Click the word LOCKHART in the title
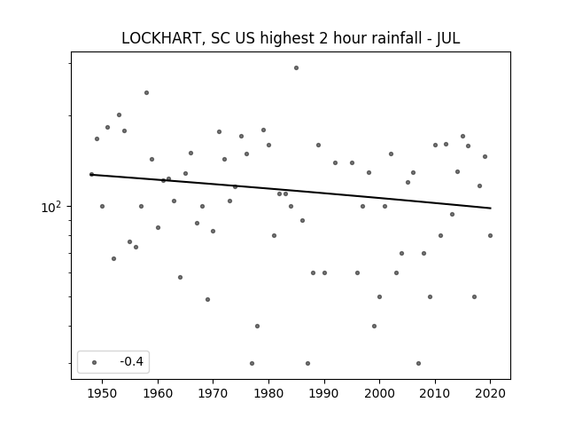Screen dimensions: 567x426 [x=160, y=38]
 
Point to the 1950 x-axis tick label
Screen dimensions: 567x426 [x=103, y=393]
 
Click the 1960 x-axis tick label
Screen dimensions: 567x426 [x=158, y=393]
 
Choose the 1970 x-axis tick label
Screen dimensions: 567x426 [x=213, y=393]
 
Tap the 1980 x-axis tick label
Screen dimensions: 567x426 [x=268, y=393]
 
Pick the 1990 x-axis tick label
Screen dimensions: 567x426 [x=324, y=393]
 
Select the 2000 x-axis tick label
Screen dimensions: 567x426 [x=379, y=393]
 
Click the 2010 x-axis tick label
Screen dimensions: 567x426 [x=435, y=393]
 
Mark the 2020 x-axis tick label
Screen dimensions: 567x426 [x=490, y=393]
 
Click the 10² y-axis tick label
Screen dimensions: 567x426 [x=51, y=207]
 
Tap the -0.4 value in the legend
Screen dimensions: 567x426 [x=132, y=361]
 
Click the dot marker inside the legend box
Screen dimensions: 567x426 [x=95, y=362]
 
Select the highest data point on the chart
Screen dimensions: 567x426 [x=296, y=67]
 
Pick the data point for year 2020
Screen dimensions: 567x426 [x=490, y=235]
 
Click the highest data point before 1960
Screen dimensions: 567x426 [x=146, y=92]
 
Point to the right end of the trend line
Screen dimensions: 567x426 [x=491, y=208]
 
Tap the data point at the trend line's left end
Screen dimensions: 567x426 [x=91, y=174]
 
